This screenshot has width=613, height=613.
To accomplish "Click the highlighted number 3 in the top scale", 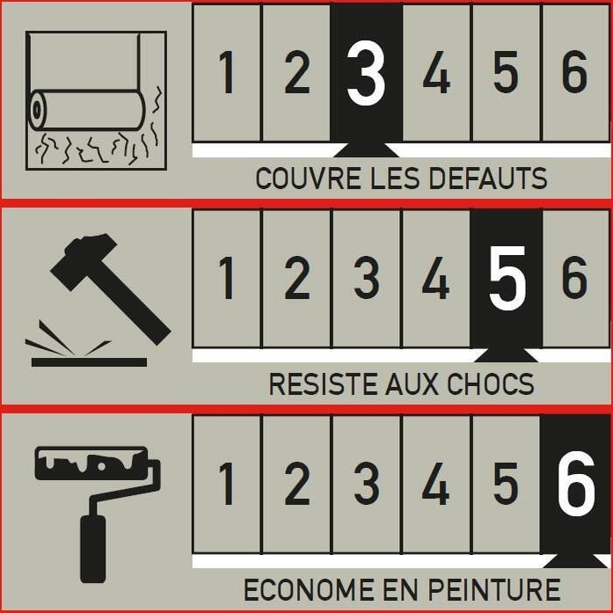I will (366, 74).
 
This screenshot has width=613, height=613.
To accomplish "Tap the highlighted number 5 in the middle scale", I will (506, 279).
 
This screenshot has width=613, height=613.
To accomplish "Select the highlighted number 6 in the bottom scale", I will (575, 485).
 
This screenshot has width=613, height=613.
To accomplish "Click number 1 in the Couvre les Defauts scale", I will (227, 74).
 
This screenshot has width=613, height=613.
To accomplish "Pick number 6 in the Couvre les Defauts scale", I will (575, 74).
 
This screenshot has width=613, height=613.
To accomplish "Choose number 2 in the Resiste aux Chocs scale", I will (296, 279).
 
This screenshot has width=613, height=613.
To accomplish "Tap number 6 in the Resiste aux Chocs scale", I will (575, 279).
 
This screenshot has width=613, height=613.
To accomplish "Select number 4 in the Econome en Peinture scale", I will (436, 485).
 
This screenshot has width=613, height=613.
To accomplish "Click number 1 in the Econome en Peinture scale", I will (227, 485).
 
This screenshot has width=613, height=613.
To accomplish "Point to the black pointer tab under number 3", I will (366, 149).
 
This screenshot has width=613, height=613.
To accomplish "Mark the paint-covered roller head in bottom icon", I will (92, 463).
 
